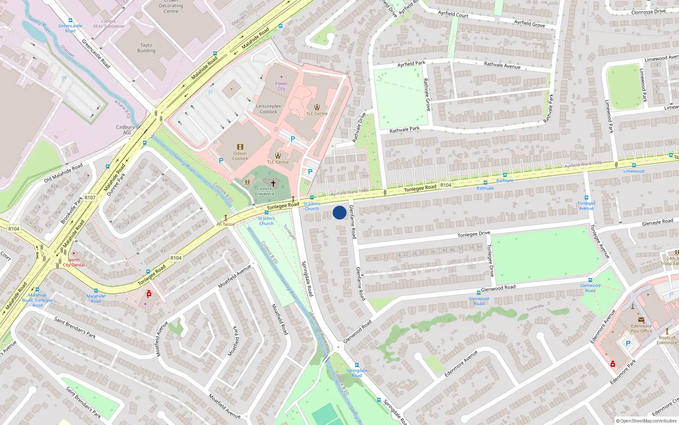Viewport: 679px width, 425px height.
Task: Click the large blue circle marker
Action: click(x=339, y=212)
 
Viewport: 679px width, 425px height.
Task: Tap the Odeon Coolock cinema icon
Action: click(x=240, y=147)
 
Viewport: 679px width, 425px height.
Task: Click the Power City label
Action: click(x=281, y=86)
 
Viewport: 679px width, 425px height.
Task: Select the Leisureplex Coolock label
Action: click(x=269, y=109)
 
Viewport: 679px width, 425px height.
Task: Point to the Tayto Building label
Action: click(x=146, y=48)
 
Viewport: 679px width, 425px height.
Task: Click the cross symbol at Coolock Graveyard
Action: click(x=273, y=183)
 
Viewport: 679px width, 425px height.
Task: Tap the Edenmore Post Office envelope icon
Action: click(x=641, y=320)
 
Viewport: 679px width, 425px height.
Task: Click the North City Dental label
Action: click(x=74, y=262)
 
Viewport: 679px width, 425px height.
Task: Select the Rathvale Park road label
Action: click(x=404, y=129)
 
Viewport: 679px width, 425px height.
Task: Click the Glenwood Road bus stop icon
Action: click(x=479, y=292)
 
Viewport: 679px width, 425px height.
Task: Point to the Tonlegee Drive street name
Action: click(x=474, y=234)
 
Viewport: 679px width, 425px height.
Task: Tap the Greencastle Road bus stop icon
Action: click(x=70, y=20)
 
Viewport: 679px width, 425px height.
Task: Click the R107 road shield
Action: click(x=90, y=198)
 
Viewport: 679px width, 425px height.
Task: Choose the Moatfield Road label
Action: click(x=280, y=319)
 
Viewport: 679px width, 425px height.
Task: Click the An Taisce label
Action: click(x=225, y=224)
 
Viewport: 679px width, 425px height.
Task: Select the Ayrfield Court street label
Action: click(x=453, y=14)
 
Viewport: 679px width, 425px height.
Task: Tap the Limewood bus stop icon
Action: click(x=634, y=165)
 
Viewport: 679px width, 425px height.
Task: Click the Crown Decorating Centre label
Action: click(x=171, y=6)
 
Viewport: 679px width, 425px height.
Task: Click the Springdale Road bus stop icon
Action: click(x=357, y=365)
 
